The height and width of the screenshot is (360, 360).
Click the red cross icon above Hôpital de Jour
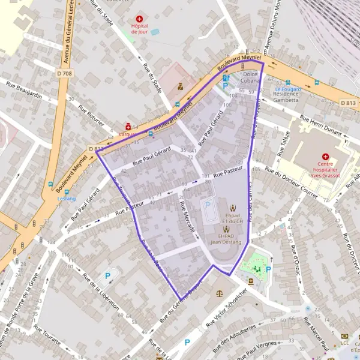pos(140,19)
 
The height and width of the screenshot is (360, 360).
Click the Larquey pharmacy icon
pos(128,127)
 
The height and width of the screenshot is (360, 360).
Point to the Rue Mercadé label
pos(187,217)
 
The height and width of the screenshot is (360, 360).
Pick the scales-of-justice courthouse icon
pos(218,294)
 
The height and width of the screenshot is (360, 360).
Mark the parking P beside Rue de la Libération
pos(108,276)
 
